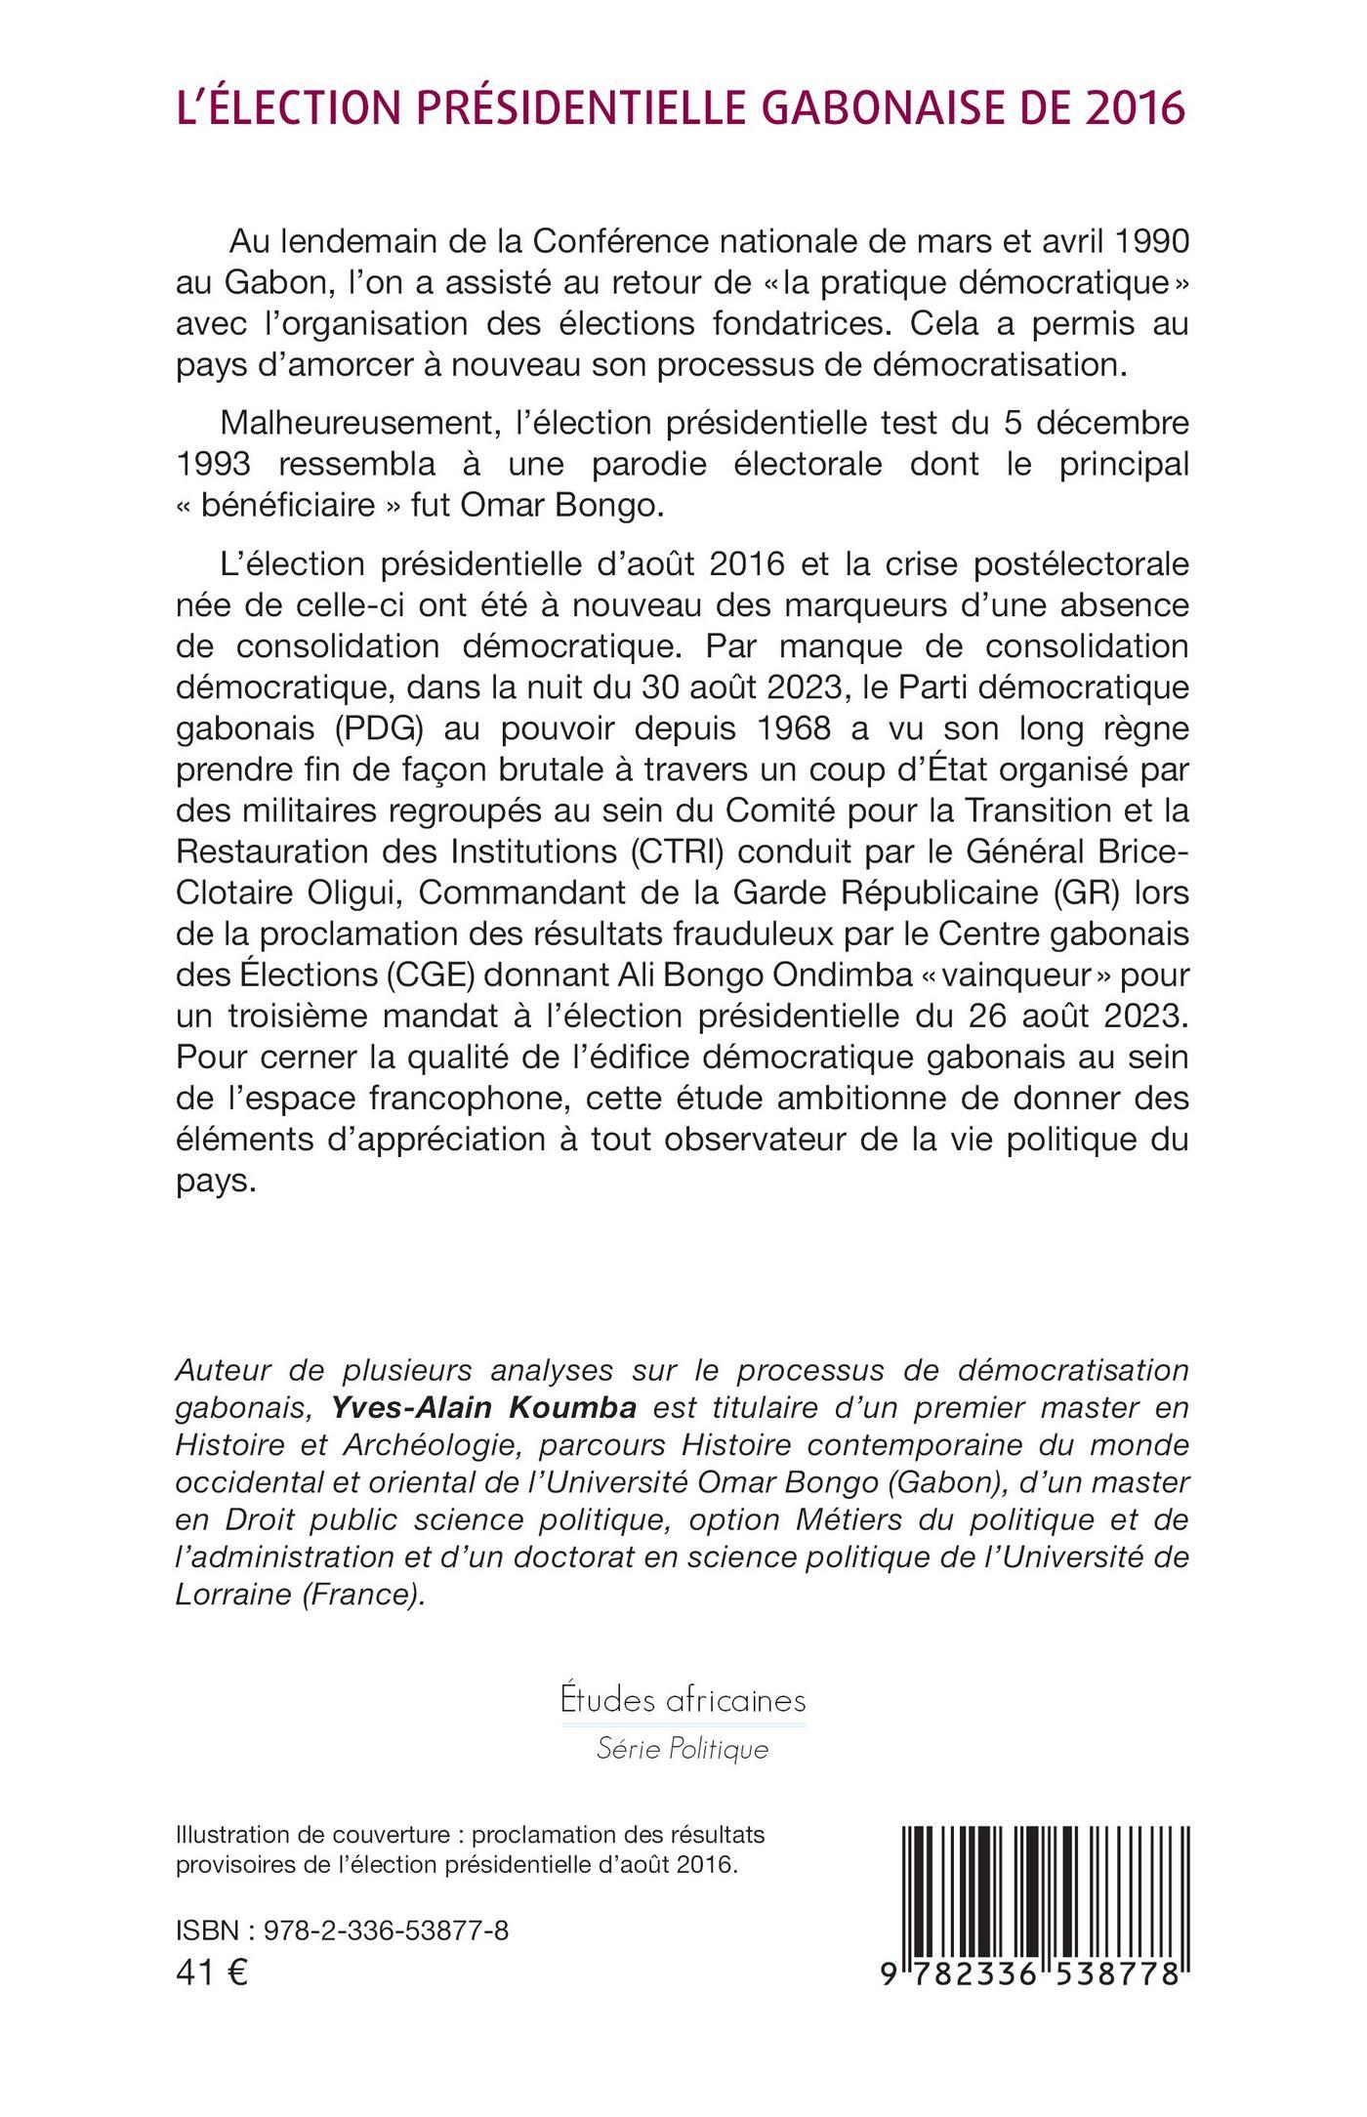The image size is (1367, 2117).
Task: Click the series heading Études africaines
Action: tap(683, 1700)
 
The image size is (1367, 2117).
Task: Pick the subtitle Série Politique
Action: tap(683, 1749)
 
